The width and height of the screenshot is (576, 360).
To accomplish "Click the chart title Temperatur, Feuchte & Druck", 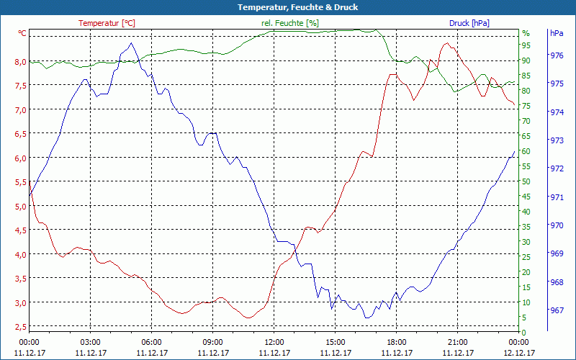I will coord(287,7).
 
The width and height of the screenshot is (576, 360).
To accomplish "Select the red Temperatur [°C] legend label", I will coord(107,23).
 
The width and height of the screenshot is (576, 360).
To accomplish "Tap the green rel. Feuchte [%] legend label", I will coord(289,23).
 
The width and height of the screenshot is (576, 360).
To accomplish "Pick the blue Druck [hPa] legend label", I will coord(469,23).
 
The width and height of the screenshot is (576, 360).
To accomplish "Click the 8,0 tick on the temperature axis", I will coord(20,61).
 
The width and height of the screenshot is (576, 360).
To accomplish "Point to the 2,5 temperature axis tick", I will coord(20,327).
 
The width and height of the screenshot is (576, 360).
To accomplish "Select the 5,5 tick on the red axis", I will coord(20,182).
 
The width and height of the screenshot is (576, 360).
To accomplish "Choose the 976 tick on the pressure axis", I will coord(557,55).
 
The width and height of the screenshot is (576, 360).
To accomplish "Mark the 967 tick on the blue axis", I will coord(557,310).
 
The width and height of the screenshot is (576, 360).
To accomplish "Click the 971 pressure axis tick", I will coord(557,197).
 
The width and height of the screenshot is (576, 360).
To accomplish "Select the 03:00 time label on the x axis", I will coord(90,342).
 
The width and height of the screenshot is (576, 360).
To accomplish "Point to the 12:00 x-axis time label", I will coord(274,342).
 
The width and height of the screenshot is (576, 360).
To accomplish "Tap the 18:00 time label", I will coord(396,342).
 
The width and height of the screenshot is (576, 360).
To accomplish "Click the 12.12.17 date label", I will coord(518,353).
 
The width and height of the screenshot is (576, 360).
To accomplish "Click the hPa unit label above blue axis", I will coord(556,33).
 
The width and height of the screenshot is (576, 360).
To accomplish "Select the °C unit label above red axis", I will coord(22,33).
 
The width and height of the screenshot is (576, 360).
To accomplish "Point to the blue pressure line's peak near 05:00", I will coord(130,43).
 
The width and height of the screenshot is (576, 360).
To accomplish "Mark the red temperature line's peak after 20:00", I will coord(447,43).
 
